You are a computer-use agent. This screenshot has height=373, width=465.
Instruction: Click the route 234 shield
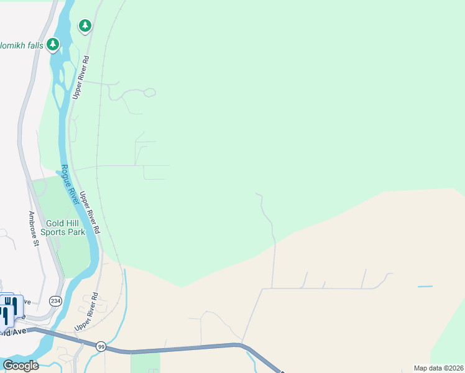[x=56, y=301]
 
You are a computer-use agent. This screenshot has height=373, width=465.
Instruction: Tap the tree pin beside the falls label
[x=53, y=44]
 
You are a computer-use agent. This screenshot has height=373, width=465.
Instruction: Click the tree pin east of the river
[x=85, y=25]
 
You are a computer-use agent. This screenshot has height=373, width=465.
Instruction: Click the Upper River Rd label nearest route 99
[x=86, y=312]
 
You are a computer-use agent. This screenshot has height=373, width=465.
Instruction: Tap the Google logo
[x=21, y=366]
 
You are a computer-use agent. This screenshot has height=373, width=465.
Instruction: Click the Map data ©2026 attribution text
[x=438, y=368]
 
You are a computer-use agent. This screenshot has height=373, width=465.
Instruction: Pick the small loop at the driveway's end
[x=149, y=93]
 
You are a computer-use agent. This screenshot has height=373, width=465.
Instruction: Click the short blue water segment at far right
[x=425, y=287]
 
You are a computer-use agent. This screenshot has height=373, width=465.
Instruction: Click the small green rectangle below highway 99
[x=145, y=362]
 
